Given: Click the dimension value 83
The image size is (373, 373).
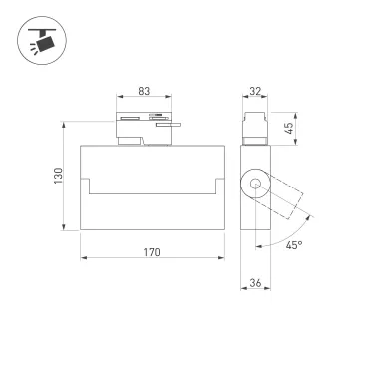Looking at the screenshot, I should (144, 92).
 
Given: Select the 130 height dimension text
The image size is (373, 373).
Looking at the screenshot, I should (59, 176).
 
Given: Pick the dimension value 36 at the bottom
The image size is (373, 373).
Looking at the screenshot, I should (254, 284).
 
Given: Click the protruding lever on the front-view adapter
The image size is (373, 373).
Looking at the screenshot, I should (173, 127).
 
